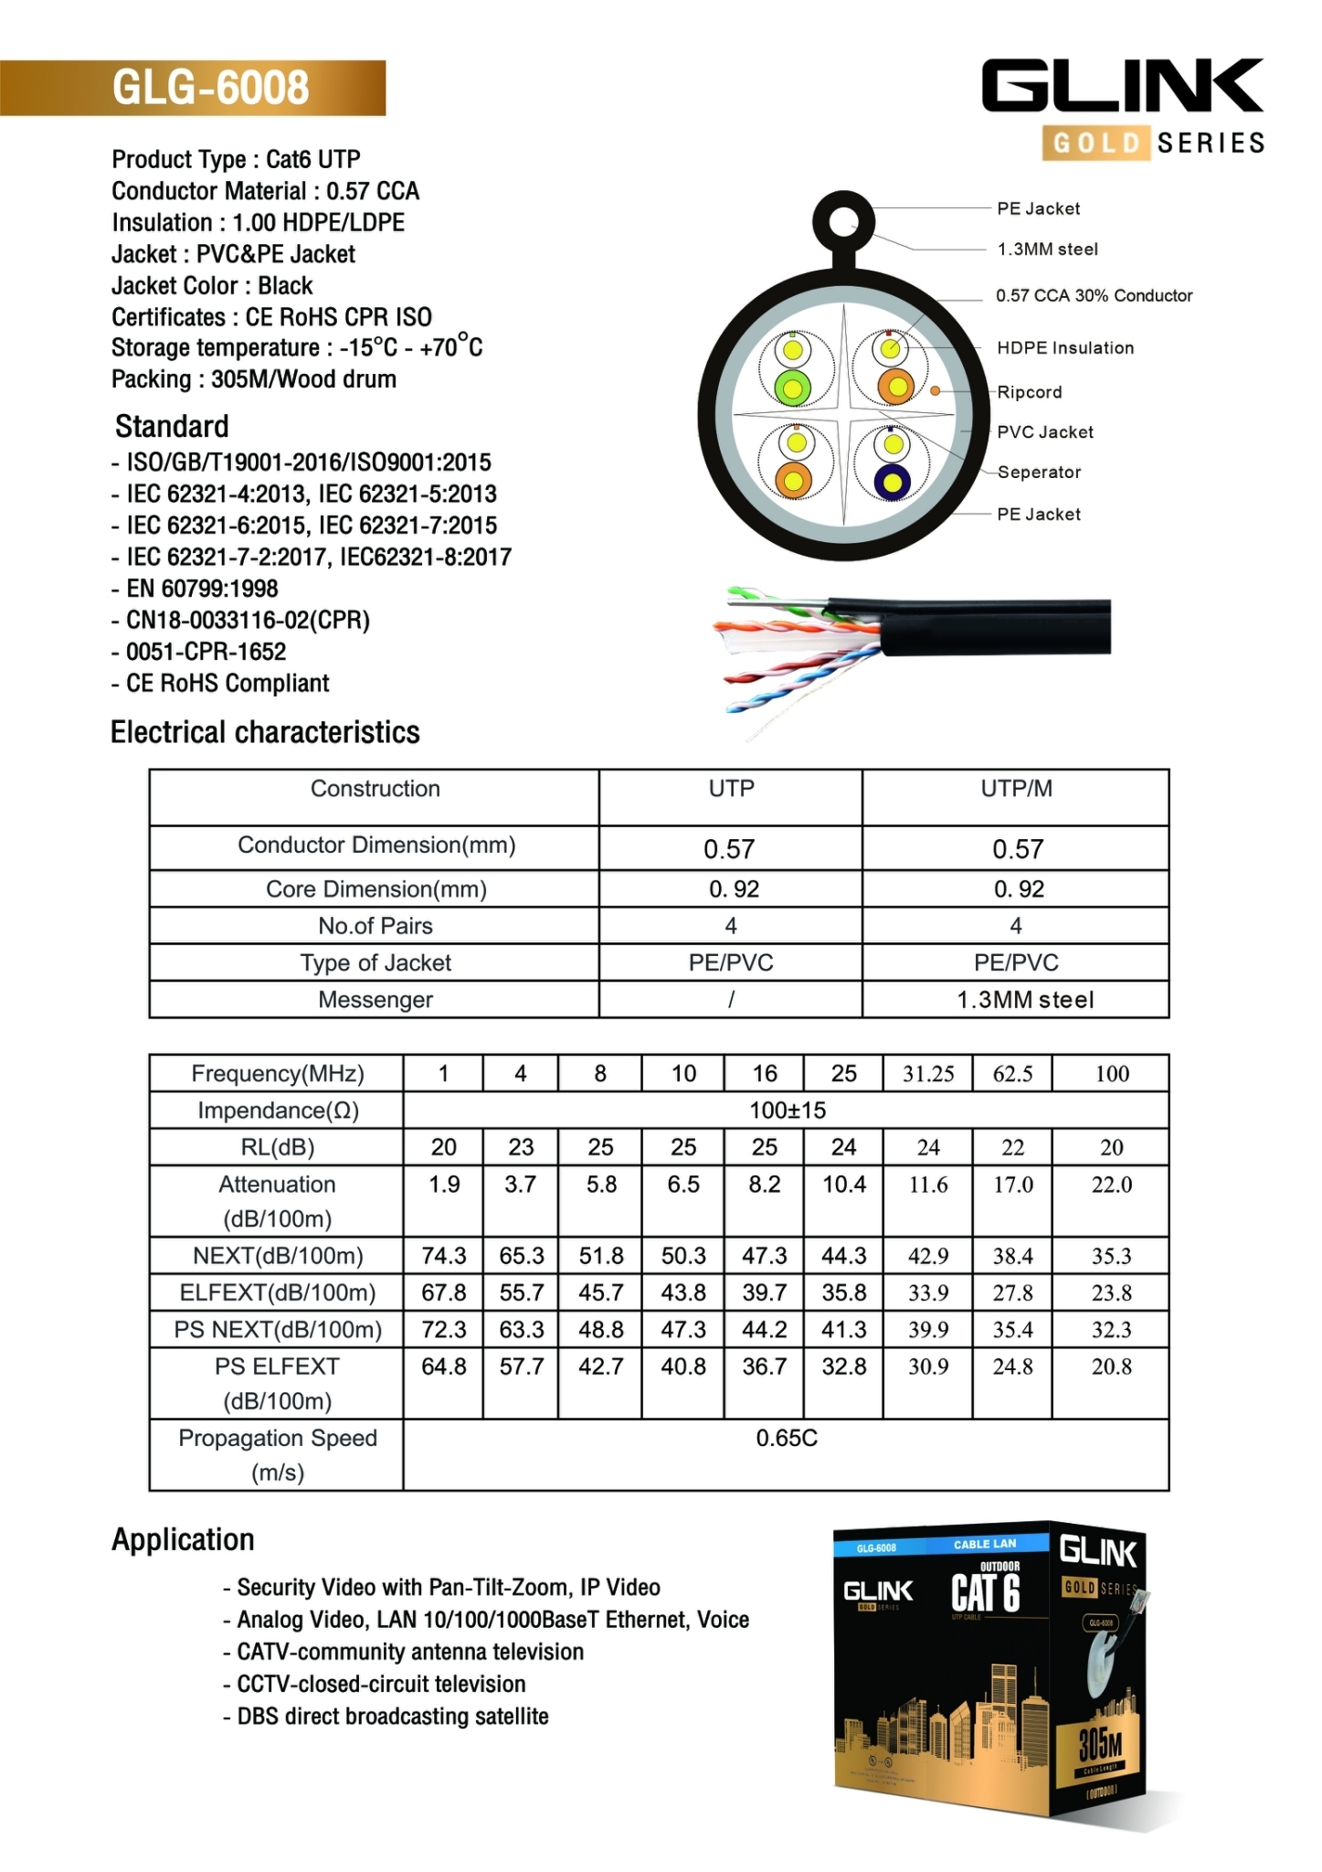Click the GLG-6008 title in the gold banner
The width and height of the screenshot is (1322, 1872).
point(210,88)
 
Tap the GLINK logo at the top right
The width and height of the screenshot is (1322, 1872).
point(1123,87)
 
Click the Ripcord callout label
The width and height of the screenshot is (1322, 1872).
point(1029,392)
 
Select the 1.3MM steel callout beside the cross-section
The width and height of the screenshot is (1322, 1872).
point(1047,250)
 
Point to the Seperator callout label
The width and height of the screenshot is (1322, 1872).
point(1039,473)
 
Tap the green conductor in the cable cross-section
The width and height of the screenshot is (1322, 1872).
point(792,388)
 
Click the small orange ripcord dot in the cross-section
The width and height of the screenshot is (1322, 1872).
point(936,391)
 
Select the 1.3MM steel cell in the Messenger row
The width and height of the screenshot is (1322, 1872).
point(1024,1000)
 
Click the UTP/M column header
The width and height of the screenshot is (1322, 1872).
point(1016,789)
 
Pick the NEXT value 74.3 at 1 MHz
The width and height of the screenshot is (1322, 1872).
point(444,1256)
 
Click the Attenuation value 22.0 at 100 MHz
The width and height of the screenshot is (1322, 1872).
point(1111,1185)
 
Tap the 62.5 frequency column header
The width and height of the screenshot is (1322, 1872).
point(1012,1074)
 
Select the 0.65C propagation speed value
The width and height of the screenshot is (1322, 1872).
point(786,1439)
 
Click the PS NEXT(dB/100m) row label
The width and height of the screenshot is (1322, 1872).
point(278,1330)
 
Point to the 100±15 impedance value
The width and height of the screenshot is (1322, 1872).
point(787,1111)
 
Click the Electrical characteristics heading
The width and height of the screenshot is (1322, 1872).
point(265,733)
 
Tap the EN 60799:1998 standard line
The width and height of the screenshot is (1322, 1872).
point(201,590)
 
